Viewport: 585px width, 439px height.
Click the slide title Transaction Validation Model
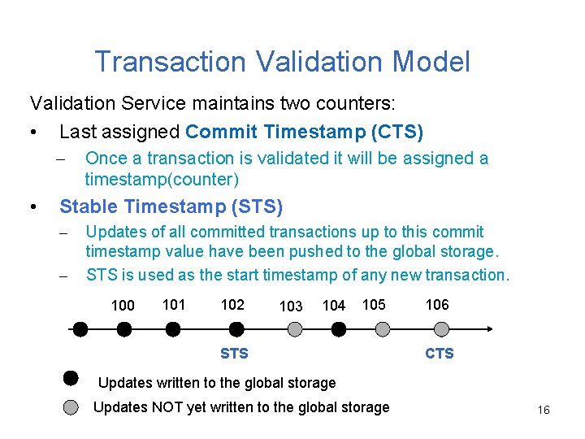[x=282, y=62]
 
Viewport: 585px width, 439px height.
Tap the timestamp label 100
[x=123, y=306]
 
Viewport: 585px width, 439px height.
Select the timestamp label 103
[x=290, y=306]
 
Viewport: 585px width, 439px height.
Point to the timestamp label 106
[x=437, y=304]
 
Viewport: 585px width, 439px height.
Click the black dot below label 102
[x=236, y=329]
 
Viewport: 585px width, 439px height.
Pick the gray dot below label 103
[x=296, y=329]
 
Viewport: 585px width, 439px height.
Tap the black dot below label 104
[x=339, y=329]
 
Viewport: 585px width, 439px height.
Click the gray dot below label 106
[x=441, y=329]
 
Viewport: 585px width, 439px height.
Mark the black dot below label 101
[x=173, y=329]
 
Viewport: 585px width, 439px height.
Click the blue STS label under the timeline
[x=234, y=354]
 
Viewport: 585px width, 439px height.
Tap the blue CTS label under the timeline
[x=440, y=354]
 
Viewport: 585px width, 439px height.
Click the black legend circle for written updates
[x=71, y=378]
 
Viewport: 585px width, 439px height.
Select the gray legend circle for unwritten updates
[x=71, y=407]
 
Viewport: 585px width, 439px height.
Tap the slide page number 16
[x=544, y=411]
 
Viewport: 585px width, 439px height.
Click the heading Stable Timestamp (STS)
[x=171, y=207]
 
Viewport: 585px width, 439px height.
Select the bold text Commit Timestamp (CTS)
[x=304, y=132]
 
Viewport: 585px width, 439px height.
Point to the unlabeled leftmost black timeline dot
[x=80, y=329]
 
